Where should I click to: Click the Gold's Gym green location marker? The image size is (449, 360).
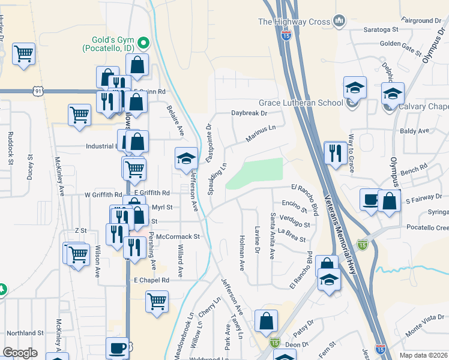143,43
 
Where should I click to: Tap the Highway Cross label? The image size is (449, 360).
294,22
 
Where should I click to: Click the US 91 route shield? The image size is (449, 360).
38,91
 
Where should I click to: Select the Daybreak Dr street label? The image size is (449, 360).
249,113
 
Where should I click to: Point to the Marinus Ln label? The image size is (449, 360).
260,133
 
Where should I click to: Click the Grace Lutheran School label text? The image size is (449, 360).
301,103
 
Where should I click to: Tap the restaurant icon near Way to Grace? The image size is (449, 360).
335,152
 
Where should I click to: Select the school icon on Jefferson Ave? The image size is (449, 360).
186,158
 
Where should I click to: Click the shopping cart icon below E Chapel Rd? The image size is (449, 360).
157,301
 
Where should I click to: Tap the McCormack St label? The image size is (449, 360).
177,237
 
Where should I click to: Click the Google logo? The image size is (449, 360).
20,353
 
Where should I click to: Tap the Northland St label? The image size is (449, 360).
25,332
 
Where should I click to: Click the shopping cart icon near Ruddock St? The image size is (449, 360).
23,54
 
